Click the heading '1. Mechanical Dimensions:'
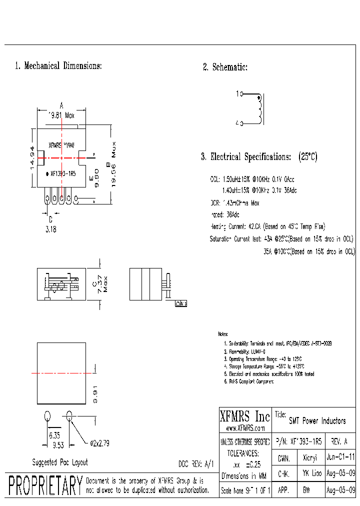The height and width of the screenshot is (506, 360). pos(58,66)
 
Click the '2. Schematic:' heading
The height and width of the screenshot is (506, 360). pos(225,67)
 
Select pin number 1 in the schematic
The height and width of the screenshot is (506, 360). pos(237,93)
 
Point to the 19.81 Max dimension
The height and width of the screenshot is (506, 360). pos(61,115)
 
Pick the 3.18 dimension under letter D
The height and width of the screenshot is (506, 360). pos(51,229)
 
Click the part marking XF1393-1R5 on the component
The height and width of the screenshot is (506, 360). pos(63,174)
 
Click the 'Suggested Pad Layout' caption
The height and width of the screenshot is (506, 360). pos(59,462)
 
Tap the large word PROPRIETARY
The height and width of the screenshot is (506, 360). pos(45,486)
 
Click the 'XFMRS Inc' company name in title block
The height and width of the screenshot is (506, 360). pos(244,416)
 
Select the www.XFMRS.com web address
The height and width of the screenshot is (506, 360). pos(244,428)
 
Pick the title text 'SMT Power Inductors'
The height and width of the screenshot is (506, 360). pos(317,421)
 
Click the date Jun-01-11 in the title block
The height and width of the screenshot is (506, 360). pos(340,457)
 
